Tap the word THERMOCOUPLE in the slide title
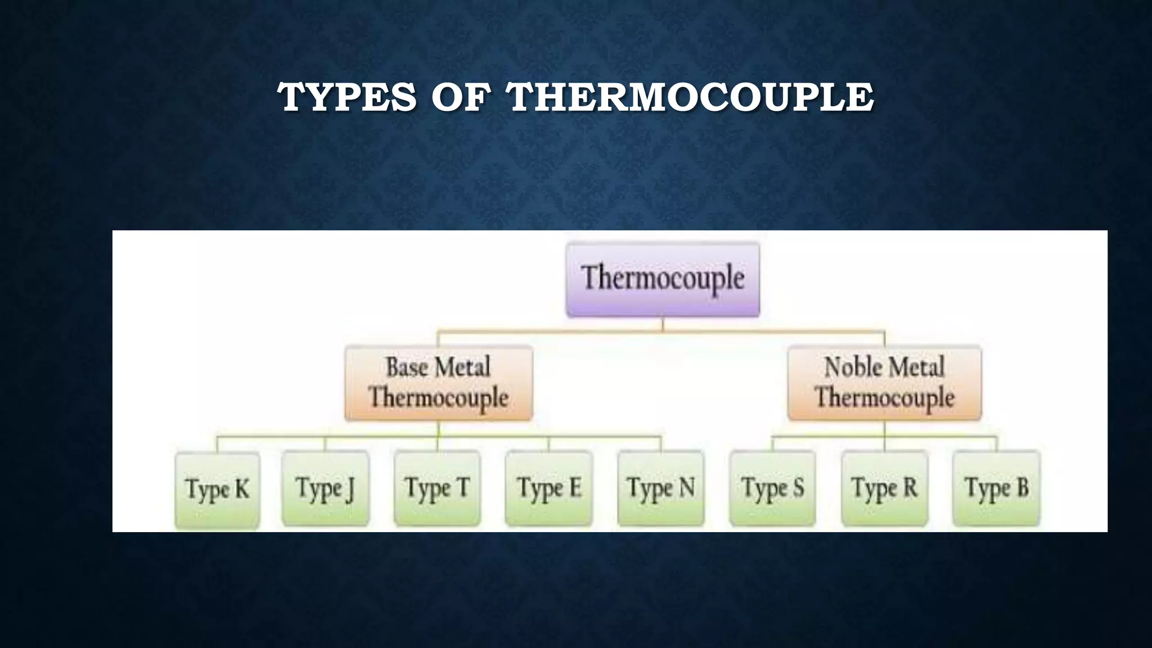pos(690,97)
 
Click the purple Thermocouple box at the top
pos(663,280)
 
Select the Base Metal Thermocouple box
pos(439,382)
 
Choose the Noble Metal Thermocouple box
pos(884,382)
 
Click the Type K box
pos(217,489)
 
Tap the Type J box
pos(325,488)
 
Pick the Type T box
pos(437,488)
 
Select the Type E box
pos(548,488)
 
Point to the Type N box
pos(660,488)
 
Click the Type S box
pos(772,488)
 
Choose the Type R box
pos(884,488)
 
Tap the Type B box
pos(996,488)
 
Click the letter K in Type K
pos(242,488)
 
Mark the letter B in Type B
pos(1022,487)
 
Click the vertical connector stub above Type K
pos(217,444)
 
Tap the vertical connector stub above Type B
pos(996,443)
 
